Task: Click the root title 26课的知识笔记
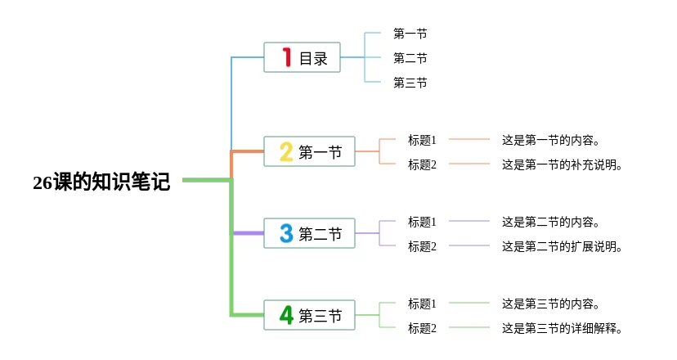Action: tap(101, 182)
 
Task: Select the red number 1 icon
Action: tap(287, 57)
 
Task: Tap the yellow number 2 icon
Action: tap(286, 151)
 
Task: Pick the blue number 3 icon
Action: tap(286, 233)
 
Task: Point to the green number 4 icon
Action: tap(286, 315)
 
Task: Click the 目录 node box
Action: tap(302, 57)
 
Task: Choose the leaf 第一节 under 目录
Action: tap(410, 34)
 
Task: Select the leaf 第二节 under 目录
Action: tap(410, 58)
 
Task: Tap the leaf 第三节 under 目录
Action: tap(410, 83)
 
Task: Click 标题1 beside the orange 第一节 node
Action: tap(422, 140)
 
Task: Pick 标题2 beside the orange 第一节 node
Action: tap(422, 164)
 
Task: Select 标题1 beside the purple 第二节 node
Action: tap(422, 222)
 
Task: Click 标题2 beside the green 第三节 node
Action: tap(422, 328)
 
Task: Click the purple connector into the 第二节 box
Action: tap(249, 233)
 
